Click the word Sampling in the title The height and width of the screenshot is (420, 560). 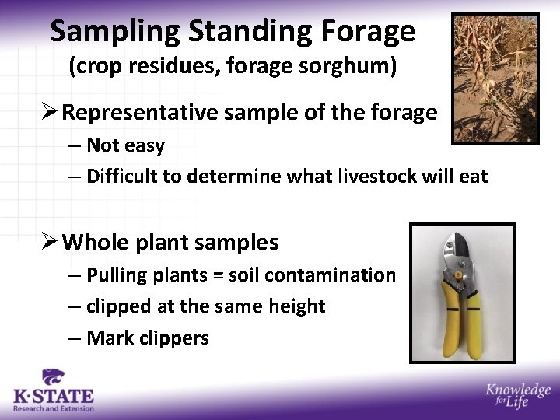(115, 32)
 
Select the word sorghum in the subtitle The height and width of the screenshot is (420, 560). (352, 67)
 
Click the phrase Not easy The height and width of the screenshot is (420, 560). (125, 145)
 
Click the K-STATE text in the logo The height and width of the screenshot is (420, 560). (54, 397)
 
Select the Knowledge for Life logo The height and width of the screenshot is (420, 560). (517, 395)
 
